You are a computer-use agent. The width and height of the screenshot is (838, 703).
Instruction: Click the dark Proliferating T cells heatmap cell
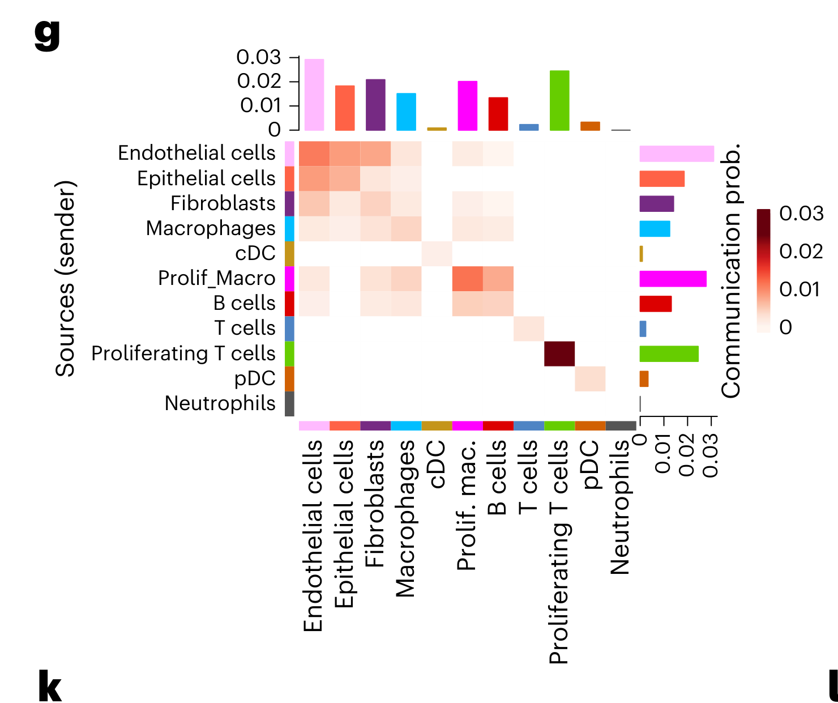click(x=559, y=353)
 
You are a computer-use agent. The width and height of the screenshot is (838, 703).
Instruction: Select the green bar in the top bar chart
click(x=559, y=100)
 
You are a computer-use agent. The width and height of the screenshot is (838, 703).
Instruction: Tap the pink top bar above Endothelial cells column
click(x=314, y=95)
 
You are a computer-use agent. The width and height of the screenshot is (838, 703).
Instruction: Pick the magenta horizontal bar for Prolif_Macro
click(x=673, y=279)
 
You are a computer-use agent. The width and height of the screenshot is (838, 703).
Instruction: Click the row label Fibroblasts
click(x=223, y=203)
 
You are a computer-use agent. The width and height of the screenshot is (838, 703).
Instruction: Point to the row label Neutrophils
click(x=220, y=403)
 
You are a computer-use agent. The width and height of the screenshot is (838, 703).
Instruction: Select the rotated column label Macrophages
click(x=405, y=518)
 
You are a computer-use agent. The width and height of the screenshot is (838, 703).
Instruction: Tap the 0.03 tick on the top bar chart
click(x=259, y=57)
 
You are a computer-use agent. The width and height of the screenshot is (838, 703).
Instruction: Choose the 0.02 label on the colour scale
click(x=801, y=251)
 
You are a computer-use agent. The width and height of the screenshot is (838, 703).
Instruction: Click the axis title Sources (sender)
click(x=66, y=278)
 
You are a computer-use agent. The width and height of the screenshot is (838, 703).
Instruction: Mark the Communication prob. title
click(x=731, y=271)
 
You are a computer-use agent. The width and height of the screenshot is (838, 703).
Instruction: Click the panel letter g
click(x=48, y=34)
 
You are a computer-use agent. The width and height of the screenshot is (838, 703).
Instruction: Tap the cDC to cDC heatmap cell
click(x=437, y=253)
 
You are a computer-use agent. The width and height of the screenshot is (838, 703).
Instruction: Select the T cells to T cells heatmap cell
click(x=529, y=329)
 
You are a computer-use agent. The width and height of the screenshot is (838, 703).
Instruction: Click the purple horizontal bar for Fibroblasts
click(x=657, y=204)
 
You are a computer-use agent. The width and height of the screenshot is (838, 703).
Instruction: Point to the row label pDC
click(x=255, y=378)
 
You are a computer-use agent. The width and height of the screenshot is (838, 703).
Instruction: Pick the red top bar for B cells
click(x=498, y=114)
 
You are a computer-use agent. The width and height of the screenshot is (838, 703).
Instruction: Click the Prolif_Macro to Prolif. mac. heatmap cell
click(x=468, y=279)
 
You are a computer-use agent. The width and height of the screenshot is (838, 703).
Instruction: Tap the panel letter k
click(x=50, y=686)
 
